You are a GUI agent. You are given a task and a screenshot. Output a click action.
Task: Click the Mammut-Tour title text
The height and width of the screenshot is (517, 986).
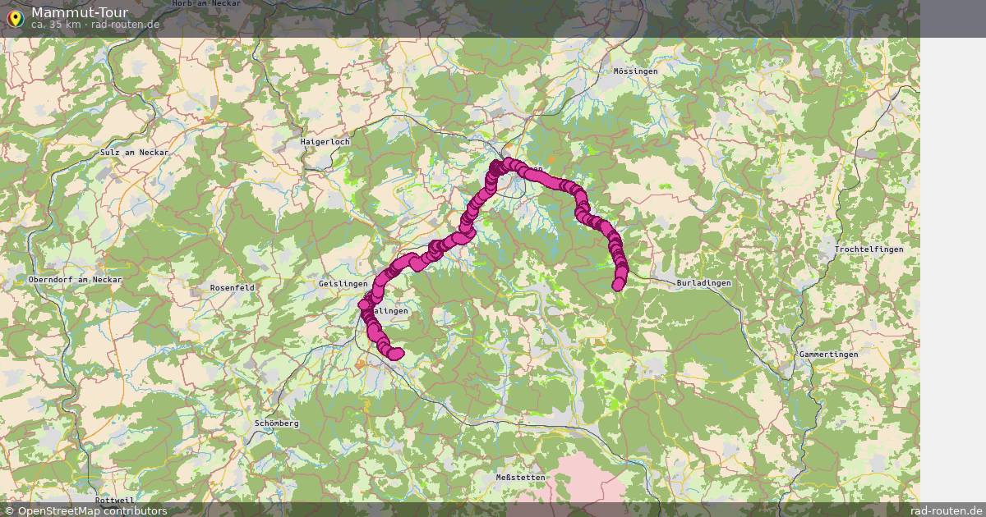79,12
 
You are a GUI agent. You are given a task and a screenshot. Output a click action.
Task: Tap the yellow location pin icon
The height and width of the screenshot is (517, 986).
14,18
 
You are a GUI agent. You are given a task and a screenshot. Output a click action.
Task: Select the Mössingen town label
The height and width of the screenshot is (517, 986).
635,71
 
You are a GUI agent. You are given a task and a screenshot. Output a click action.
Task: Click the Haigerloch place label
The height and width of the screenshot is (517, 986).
325,142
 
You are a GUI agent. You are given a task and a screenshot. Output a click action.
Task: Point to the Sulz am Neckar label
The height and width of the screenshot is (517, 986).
134,153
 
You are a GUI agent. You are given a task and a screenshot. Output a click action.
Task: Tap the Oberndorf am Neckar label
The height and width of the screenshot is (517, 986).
75,280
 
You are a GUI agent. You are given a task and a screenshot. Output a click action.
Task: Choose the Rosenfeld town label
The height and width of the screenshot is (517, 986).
233,288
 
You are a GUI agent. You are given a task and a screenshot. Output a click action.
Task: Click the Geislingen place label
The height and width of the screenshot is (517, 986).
343,284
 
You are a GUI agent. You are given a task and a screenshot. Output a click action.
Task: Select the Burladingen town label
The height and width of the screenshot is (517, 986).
703,283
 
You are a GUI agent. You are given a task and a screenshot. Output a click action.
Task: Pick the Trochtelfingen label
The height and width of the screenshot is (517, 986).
869,249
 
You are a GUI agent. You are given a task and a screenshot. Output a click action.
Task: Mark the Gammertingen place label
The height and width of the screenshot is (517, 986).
828,355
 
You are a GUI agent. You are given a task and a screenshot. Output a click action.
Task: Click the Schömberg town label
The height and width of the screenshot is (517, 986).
277,423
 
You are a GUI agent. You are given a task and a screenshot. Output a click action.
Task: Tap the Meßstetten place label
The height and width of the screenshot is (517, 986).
520,478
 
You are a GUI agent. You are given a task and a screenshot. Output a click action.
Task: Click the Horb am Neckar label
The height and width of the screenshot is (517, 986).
206,4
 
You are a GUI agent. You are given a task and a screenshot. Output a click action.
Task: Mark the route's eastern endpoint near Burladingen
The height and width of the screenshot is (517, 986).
618,285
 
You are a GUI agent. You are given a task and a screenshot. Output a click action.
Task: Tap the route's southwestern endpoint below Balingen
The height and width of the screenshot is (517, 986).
398,354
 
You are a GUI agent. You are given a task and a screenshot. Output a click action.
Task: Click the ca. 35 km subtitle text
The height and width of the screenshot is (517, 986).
95,25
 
